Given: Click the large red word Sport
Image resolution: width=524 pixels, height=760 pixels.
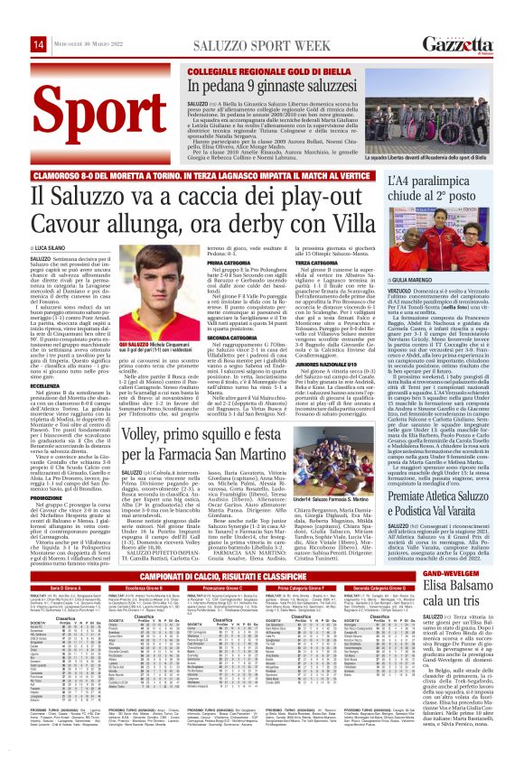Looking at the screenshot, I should tap(87, 106).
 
